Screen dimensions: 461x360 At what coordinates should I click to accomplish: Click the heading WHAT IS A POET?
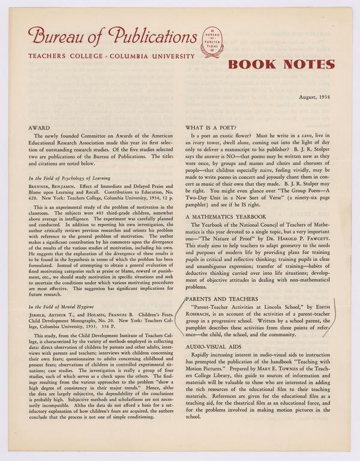coord(214,128)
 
